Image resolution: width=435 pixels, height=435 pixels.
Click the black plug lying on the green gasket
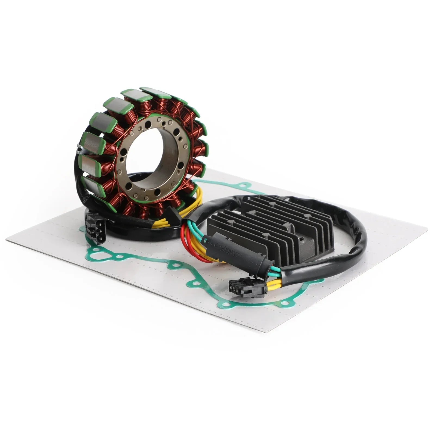(x=246, y=288)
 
